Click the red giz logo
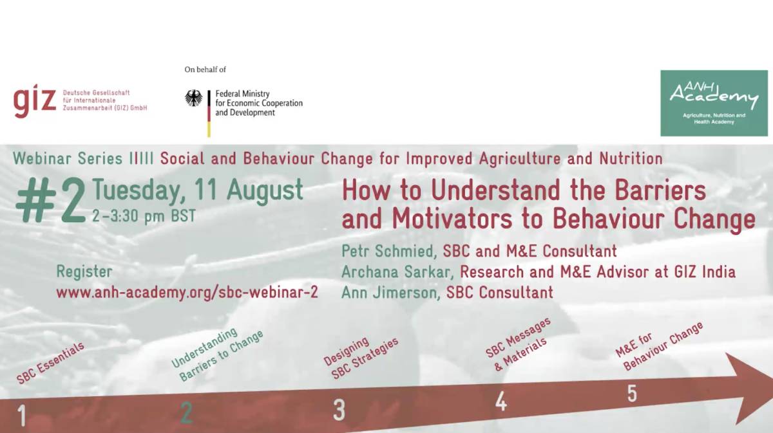(x=35, y=100)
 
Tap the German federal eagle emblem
(x=194, y=98)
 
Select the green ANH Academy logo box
(x=714, y=103)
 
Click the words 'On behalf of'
(x=205, y=69)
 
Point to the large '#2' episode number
(x=51, y=201)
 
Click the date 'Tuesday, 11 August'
(x=198, y=190)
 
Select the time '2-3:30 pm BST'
(x=144, y=216)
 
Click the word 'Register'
(x=84, y=272)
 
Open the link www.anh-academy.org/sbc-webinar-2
(x=187, y=292)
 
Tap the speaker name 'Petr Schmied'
(x=387, y=251)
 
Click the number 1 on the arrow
(x=22, y=416)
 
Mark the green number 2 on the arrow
(x=186, y=412)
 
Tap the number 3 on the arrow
(x=339, y=410)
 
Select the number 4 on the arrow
(x=501, y=401)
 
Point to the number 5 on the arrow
(x=632, y=393)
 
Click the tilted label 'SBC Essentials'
(x=50, y=363)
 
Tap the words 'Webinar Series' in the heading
(x=68, y=158)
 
